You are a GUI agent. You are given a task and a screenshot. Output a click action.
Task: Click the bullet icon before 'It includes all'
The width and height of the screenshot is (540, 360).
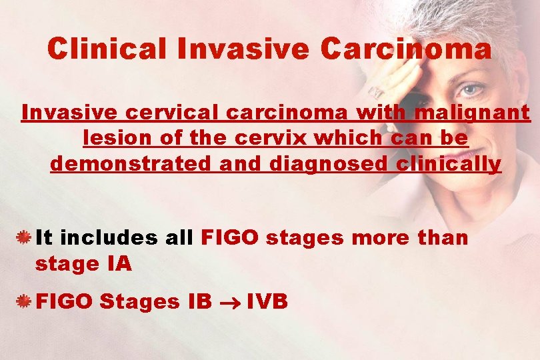coord(24,237)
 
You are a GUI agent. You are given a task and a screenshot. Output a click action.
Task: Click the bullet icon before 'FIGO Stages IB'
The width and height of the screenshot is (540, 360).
coord(24,301)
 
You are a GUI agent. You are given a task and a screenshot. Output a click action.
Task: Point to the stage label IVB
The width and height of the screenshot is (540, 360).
coord(267,301)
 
